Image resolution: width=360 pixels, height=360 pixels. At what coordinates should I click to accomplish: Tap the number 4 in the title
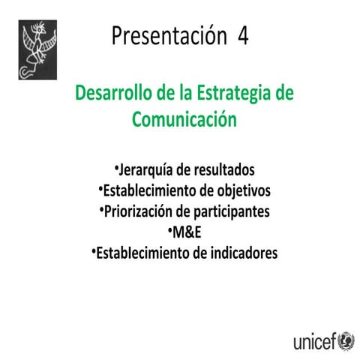pyautogui.click(x=242, y=34)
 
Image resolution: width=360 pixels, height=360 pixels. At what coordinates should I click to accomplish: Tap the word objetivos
pyautogui.click(x=240, y=190)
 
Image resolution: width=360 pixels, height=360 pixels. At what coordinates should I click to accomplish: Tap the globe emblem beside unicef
pyautogui.click(x=346, y=341)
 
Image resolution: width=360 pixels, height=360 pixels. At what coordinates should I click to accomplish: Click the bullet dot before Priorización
pyautogui.click(x=100, y=208)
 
